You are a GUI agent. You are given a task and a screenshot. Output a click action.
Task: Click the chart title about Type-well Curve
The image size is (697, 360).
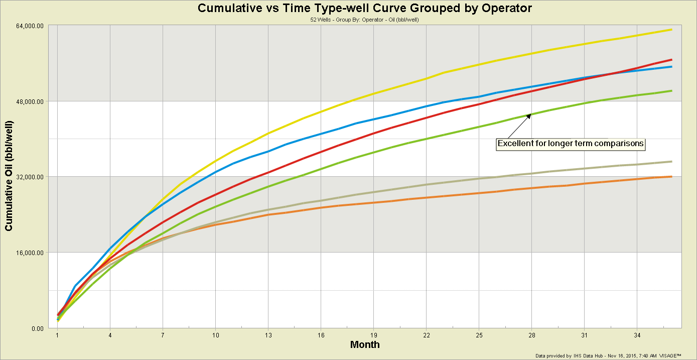tap(365, 8)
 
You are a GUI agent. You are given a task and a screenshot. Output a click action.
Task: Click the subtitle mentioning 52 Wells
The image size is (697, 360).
tap(365, 20)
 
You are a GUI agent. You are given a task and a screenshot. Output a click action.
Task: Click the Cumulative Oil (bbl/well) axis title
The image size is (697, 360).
tap(9, 177)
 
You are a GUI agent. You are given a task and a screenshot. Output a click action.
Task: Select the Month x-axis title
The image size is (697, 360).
tap(365, 345)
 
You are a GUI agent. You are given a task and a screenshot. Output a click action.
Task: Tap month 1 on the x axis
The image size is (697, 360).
tap(57, 335)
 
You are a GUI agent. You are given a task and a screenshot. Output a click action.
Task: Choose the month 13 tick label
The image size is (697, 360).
tap(268, 335)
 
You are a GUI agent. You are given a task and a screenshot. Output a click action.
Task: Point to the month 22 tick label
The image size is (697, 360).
tap(426, 335)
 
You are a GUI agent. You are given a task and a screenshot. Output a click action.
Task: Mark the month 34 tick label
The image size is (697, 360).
tap(637, 335)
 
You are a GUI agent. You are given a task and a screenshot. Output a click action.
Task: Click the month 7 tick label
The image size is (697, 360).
tap(163, 335)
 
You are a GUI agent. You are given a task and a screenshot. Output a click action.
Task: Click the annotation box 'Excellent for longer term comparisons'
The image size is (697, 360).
tap(571, 144)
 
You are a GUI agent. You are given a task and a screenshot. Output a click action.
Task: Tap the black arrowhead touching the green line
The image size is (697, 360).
tap(528, 116)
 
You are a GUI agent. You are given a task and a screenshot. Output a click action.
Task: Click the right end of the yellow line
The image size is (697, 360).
tap(671, 30)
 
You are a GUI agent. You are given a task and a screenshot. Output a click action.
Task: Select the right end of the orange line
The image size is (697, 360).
tap(671, 176)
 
